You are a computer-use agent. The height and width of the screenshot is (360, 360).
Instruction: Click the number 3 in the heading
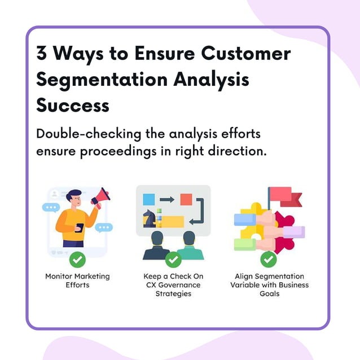coord(43,54)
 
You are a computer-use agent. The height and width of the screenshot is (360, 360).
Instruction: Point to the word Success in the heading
coord(73,105)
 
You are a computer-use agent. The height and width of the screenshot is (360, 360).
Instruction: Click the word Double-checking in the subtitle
coord(81,135)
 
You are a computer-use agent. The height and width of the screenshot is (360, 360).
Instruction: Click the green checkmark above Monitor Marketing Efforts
coord(77,260)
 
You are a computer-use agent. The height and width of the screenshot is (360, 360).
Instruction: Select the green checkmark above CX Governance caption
coord(173,260)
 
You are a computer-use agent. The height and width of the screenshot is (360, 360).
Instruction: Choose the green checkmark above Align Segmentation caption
coord(269,260)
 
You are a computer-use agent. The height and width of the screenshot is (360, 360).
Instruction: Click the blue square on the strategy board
coord(149,199)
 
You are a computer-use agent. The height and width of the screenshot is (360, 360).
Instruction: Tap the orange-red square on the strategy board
coord(186,199)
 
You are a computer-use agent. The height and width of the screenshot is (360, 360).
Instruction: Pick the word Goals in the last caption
coord(269,293)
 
